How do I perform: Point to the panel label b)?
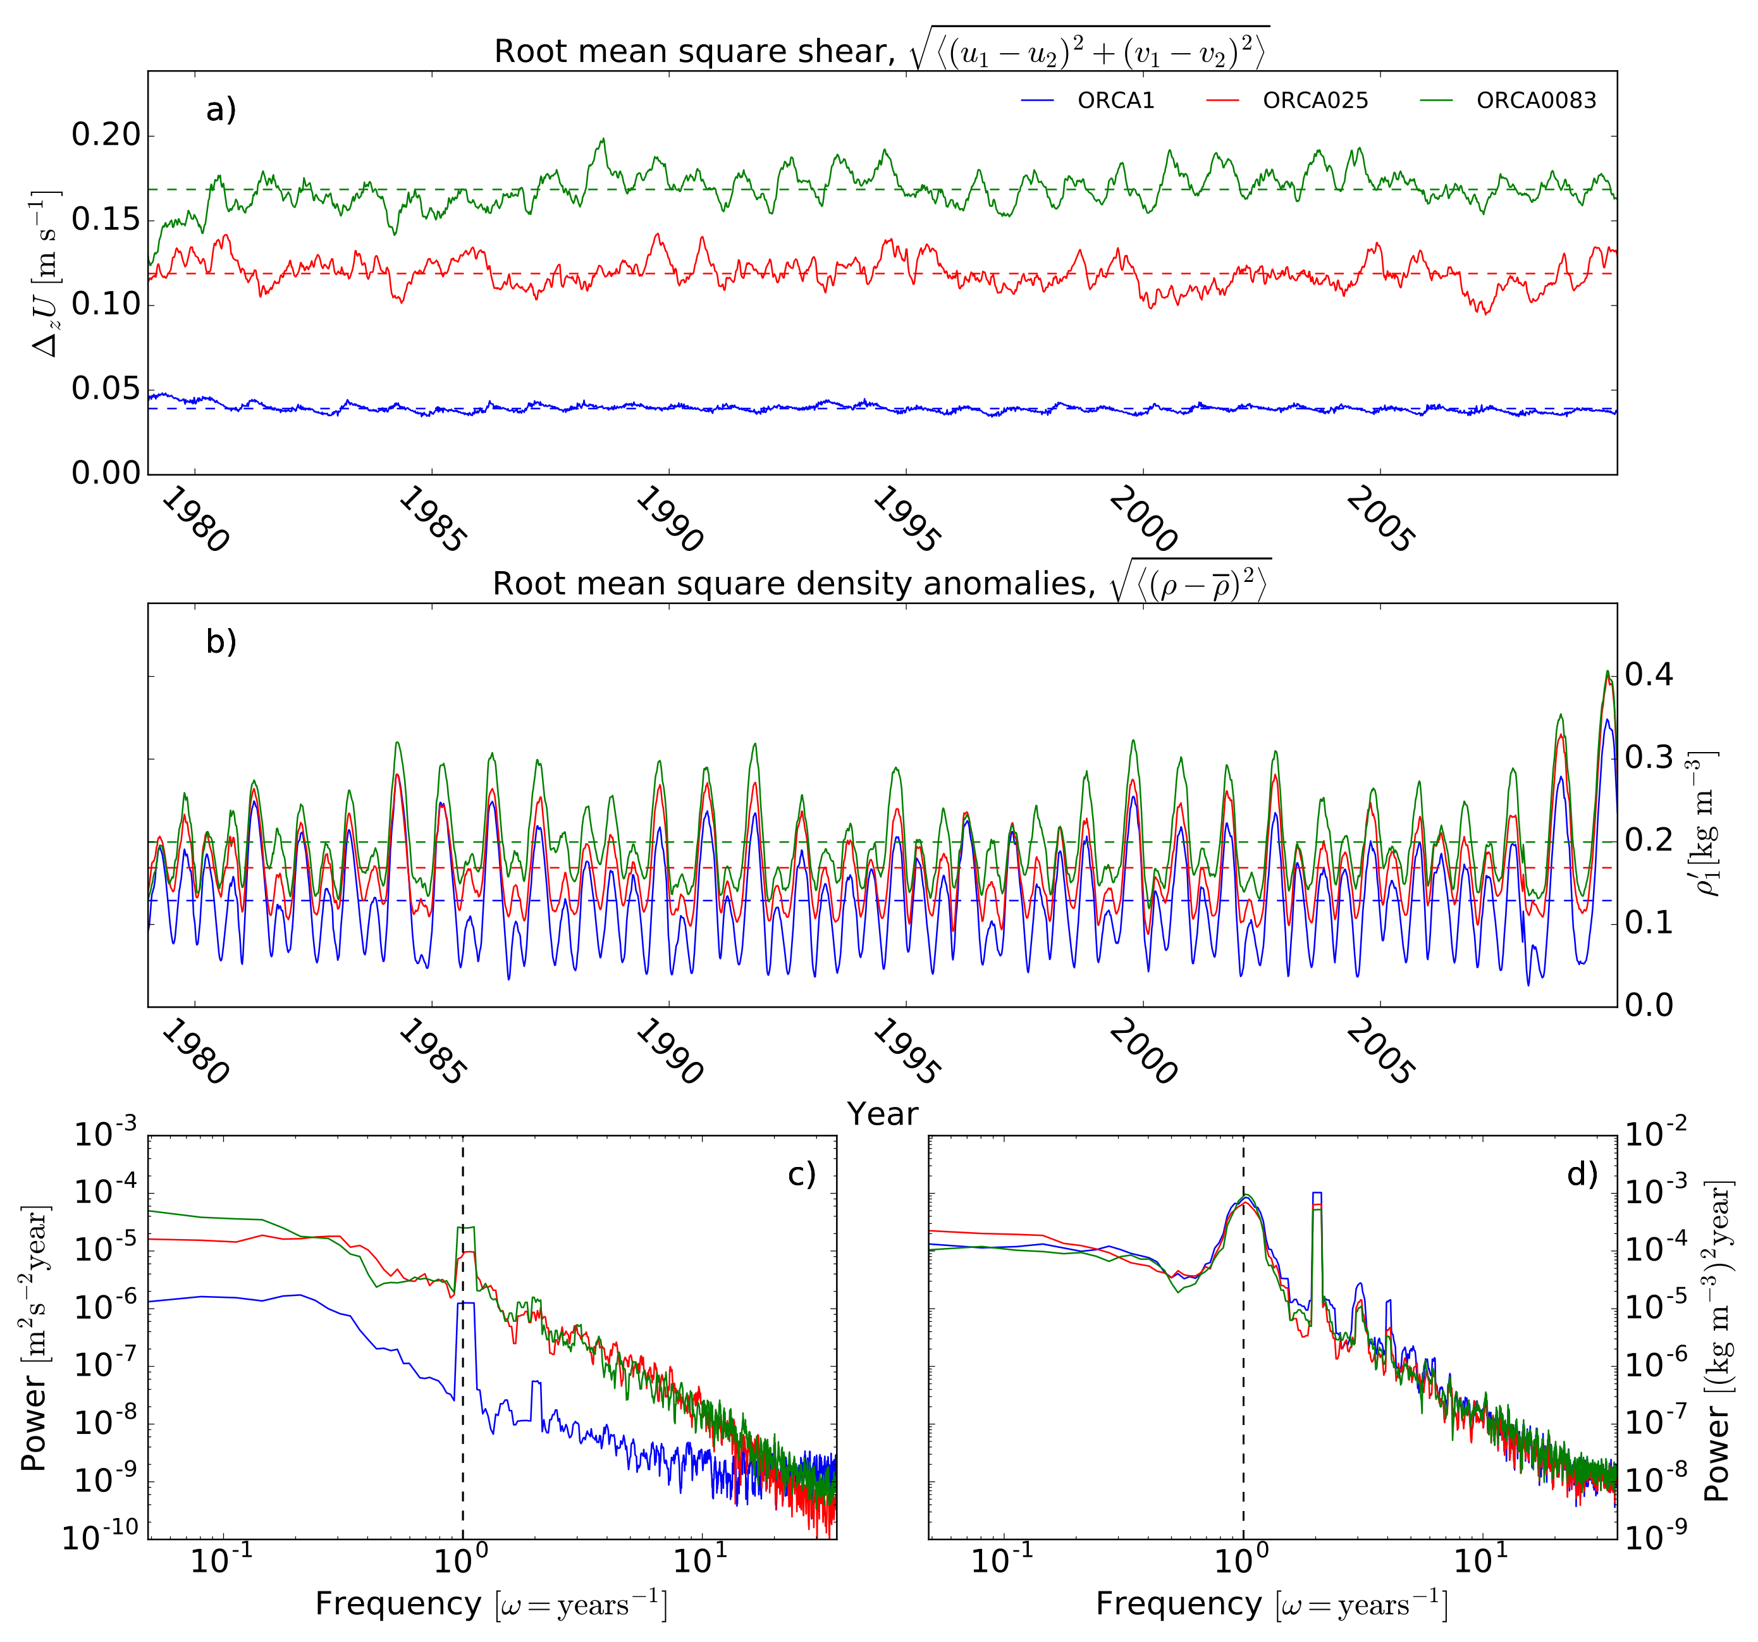click(x=221, y=641)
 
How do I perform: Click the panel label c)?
click(x=801, y=1174)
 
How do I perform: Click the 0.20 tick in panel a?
click(x=106, y=135)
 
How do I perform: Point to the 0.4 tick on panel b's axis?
click(x=1650, y=675)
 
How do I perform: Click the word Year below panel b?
click(x=883, y=1114)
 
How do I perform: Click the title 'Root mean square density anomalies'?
click(x=793, y=584)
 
